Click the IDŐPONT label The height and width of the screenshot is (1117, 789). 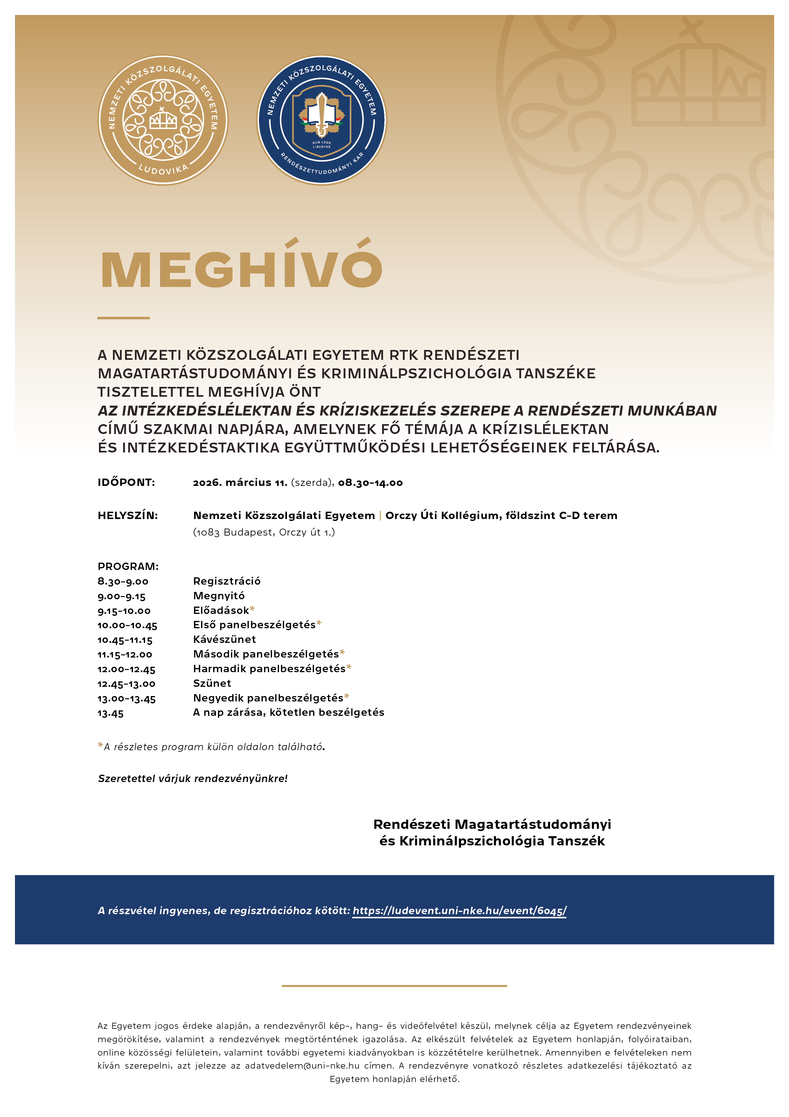coord(126,483)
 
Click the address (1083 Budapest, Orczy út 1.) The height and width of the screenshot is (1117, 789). coord(264,532)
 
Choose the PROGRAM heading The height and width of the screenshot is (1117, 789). coord(128,566)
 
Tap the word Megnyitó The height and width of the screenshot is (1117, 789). coord(219,596)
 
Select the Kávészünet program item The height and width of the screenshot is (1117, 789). coord(224,639)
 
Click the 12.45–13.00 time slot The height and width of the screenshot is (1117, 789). coord(126,684)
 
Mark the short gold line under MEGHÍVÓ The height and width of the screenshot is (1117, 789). coord(123,318)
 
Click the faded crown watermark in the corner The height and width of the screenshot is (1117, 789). coord(698,85)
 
